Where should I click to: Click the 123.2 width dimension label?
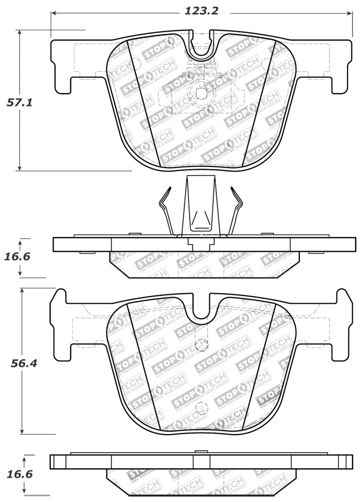click(201, 11)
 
